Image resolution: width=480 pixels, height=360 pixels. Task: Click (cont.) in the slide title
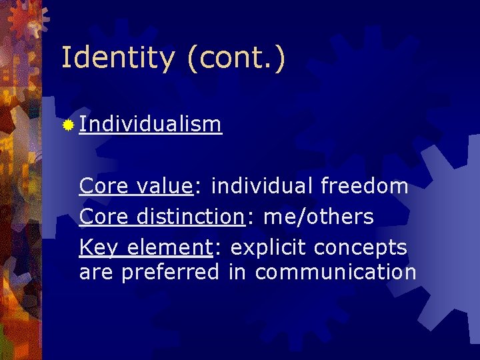pyautogui.click(x=236, y=58)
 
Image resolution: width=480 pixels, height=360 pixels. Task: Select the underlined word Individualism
pyautogui.click(x=150, y=124)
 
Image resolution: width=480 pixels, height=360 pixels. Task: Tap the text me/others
pyautogui.click(x=319, y=217)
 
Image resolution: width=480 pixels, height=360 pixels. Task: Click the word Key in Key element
pyautogui.click(x=99, y=248)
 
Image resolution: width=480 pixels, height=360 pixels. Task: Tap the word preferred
pyautogui.click(x=170, y=272)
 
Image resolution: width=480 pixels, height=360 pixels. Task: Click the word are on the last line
pyautogui.click(x=96, y=272)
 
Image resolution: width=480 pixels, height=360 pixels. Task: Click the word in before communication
pyautogui.click(x=237, y=272)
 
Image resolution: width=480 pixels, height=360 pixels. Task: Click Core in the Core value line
pyautogui.click(x=103, y=186)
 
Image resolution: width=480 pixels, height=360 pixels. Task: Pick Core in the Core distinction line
pyautogui.click(x=103, y=217)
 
